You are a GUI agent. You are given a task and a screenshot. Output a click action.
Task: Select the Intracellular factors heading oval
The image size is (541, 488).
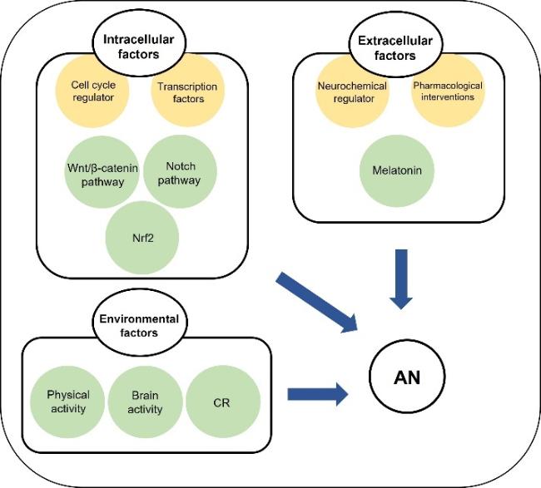132,44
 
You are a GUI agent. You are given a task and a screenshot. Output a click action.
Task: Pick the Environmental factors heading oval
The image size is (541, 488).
139,324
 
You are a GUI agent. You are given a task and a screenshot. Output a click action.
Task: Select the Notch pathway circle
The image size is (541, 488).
180,173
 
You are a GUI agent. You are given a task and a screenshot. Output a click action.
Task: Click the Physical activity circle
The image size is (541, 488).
67,402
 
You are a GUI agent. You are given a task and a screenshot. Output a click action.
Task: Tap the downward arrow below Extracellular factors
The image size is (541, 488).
402,278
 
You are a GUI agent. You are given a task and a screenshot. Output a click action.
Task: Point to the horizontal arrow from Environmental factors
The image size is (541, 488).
315,393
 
